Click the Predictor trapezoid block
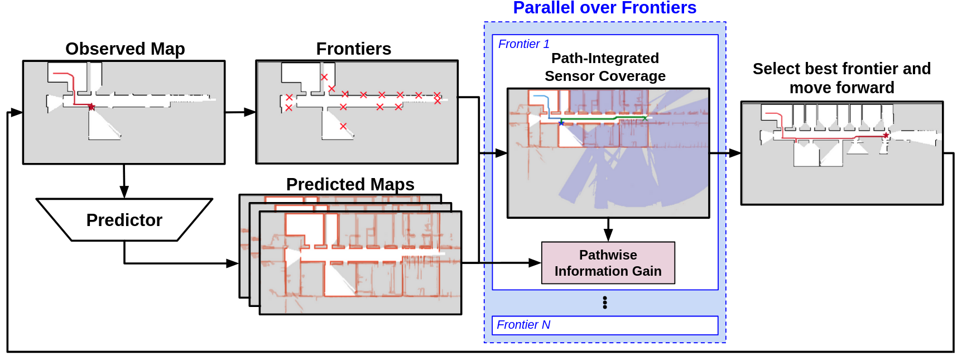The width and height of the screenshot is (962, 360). tap(124, 220)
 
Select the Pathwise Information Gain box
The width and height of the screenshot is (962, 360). tap(608, 263)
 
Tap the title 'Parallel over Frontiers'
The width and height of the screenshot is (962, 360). tap(604, 8)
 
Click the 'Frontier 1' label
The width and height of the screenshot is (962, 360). tap(523, 44)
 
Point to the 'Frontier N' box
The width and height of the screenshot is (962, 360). tap(604, 325)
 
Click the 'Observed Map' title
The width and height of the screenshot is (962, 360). tap(125, 49)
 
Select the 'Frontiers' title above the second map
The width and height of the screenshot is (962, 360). tap(353, 49)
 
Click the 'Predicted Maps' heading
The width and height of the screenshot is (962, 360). tap(350, 184)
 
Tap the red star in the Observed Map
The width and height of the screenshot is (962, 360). tap(92, 107)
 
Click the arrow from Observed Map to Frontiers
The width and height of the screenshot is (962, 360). tap(240, 112)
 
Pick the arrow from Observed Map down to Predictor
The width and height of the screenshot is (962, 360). tap(124, 181)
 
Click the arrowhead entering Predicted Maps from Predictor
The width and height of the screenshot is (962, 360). tap(233, 263)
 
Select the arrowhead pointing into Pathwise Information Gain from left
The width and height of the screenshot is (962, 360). tap(535, 263)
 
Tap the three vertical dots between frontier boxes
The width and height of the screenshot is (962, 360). tap(605, 303)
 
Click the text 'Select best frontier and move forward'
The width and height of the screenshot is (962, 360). tap(841, 78)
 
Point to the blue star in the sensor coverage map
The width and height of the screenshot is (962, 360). tap(561, 123)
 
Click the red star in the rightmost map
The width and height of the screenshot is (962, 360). tap(886, 136)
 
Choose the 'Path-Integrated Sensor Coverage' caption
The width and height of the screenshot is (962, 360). tap(605, 67)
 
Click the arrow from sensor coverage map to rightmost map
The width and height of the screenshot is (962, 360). tap(725, 153)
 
